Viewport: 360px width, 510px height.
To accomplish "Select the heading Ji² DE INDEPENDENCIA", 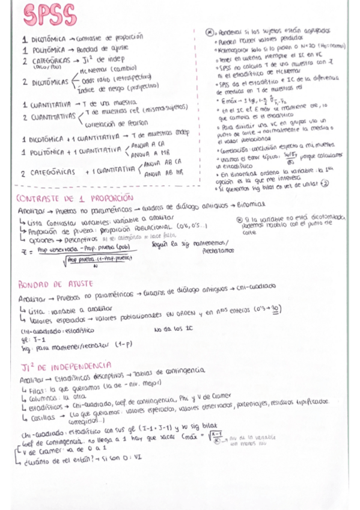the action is point(64,365).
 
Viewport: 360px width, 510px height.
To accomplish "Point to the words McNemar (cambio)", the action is point(105,69).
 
